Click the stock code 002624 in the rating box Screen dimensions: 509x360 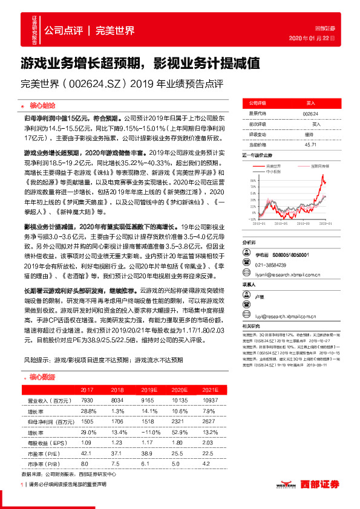pos(310,113)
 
